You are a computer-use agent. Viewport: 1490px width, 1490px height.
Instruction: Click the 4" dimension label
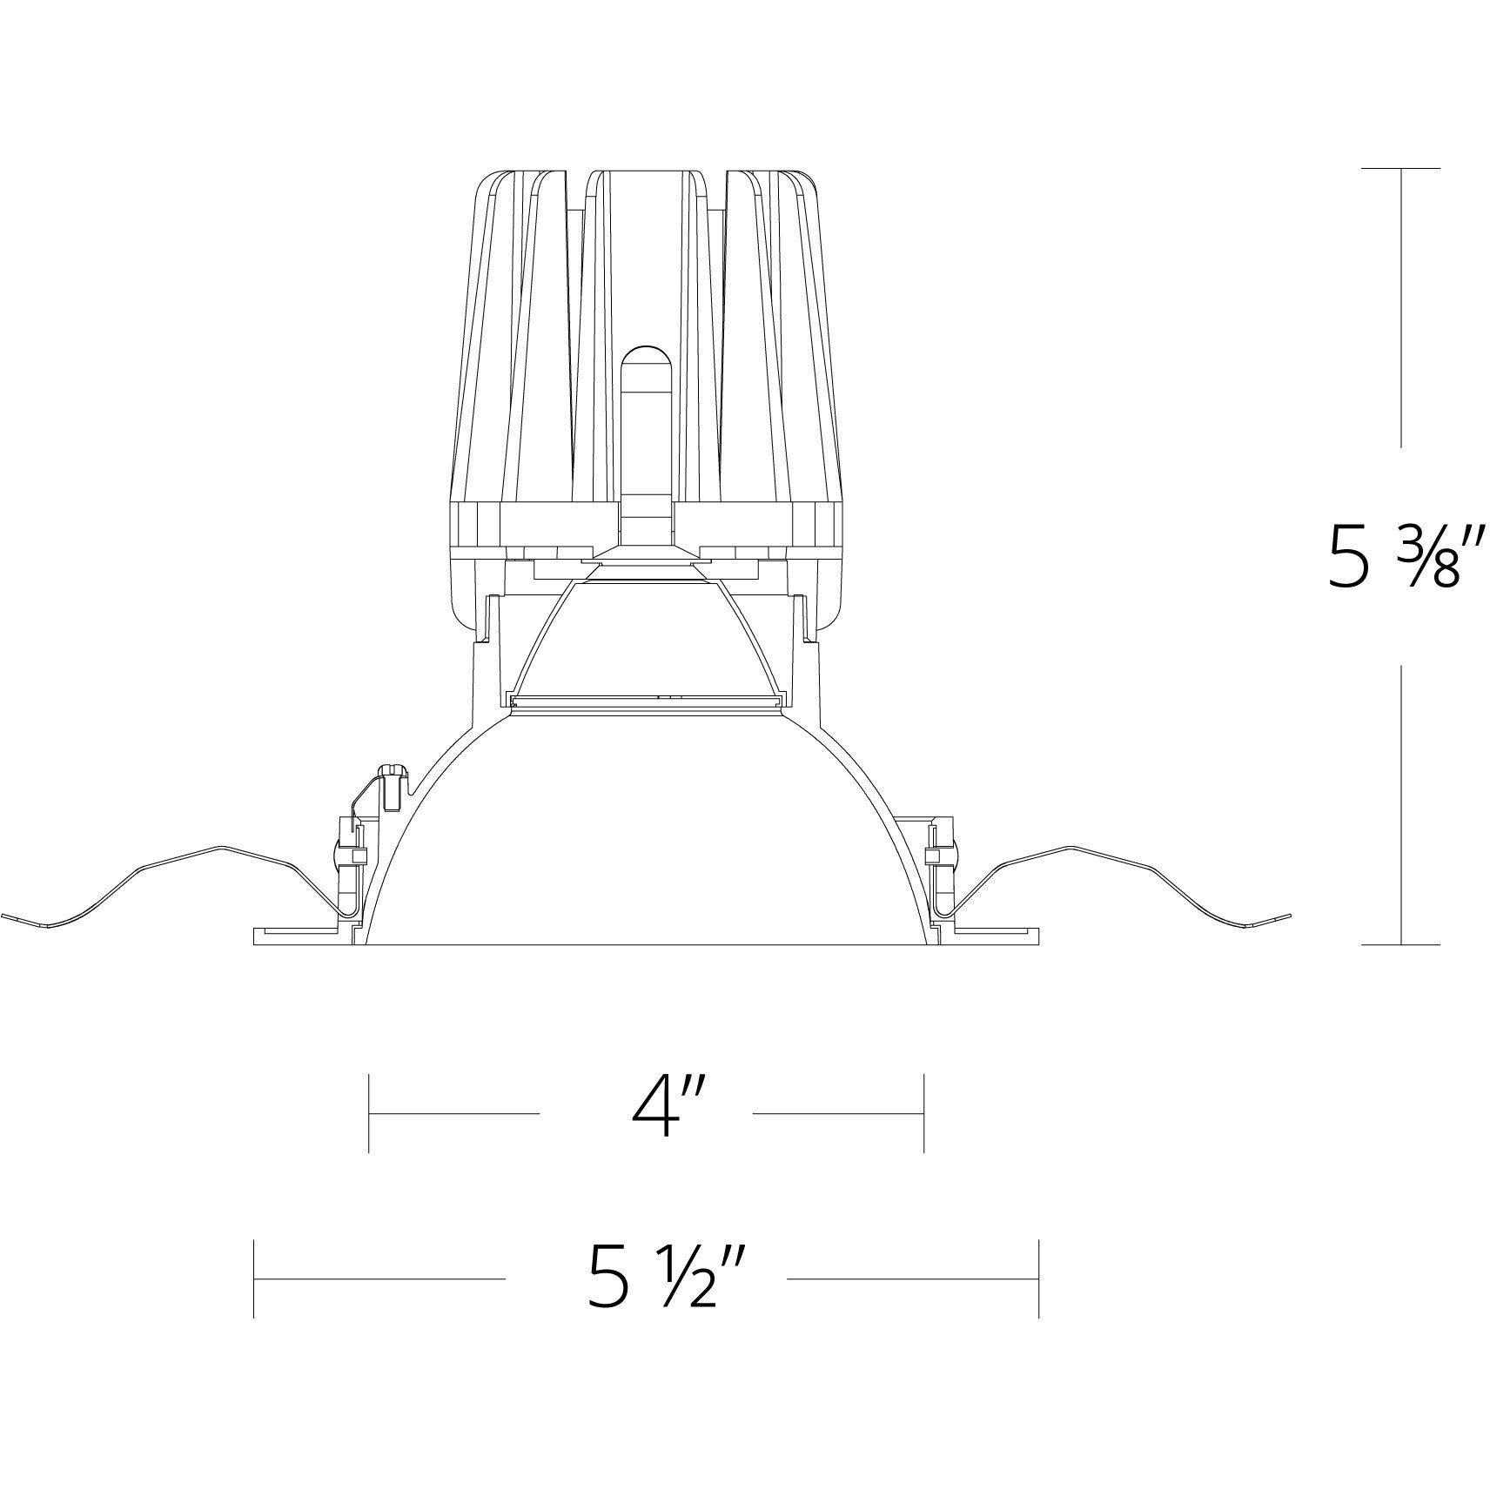[655, 1112]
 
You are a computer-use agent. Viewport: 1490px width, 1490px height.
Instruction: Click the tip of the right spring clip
[1288, 915]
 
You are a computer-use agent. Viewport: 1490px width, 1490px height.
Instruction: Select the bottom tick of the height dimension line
[1400, 944]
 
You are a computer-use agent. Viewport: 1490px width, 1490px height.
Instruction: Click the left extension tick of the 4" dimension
[369, 1113]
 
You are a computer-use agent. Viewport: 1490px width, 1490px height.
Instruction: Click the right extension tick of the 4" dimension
[923, 1113]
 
